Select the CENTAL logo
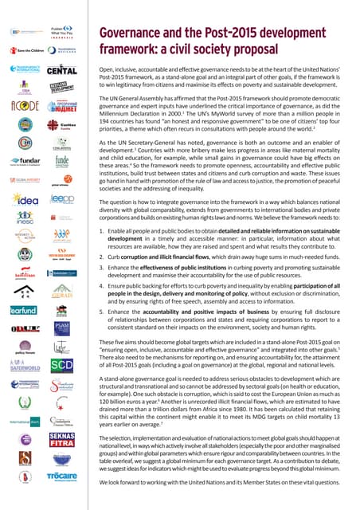(x=63, y=71)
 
